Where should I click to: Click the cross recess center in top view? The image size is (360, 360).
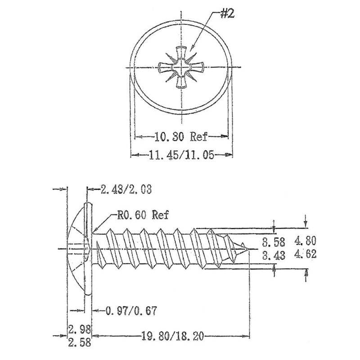[x=182, y=68]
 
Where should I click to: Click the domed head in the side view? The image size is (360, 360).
[x=77, y=248]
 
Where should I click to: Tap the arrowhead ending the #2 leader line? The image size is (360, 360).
[x=191, y=48]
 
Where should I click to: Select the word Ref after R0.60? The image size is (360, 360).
[x=160, y=215]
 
